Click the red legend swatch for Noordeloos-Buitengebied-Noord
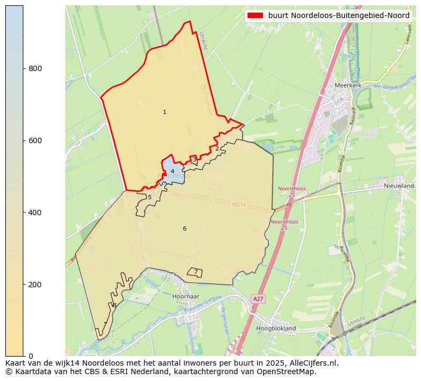255,16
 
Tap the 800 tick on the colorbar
35,68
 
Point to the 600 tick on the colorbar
35,140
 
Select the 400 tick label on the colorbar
35,212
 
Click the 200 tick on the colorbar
35,285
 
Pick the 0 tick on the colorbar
30,356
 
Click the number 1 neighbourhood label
164,112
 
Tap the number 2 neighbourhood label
217,148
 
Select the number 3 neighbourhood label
194,160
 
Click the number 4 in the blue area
172,171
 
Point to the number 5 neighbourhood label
150,198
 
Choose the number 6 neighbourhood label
185,229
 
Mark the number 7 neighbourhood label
195,272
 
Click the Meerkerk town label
348,85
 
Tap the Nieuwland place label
399,186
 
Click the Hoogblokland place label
276,329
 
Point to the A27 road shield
258,299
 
